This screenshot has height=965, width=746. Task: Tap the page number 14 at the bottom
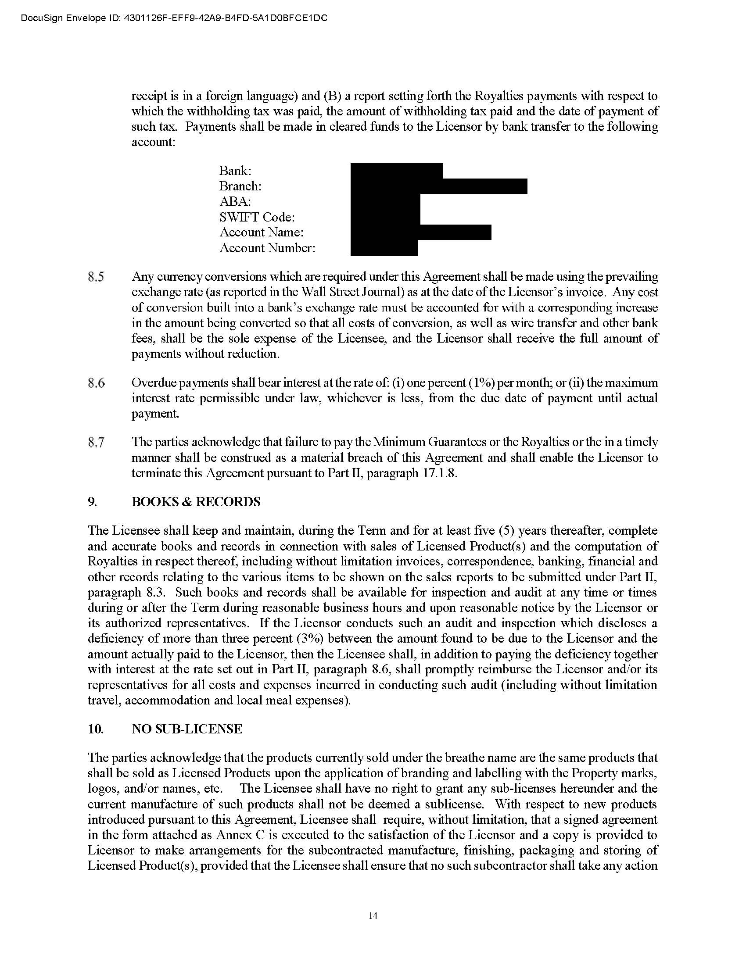[x=373, y=916]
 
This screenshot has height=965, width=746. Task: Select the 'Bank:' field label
[x=235, y=171]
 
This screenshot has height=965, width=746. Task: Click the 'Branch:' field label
[x=240, y=186]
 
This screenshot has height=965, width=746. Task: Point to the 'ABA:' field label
[x=235, y=202]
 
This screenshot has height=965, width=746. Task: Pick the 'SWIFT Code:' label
[x=257, y=218]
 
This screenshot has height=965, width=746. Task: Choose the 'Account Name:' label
[x=261, y=232]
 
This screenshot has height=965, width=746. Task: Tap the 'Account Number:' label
[x=267, y=248]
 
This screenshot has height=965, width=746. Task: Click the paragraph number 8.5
[x=97, y=278]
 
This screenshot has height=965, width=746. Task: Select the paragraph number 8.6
[x=97, y=383]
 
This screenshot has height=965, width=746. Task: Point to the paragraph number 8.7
[x=97, y=443]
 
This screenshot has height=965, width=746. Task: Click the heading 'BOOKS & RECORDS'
[x=196, y=502]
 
